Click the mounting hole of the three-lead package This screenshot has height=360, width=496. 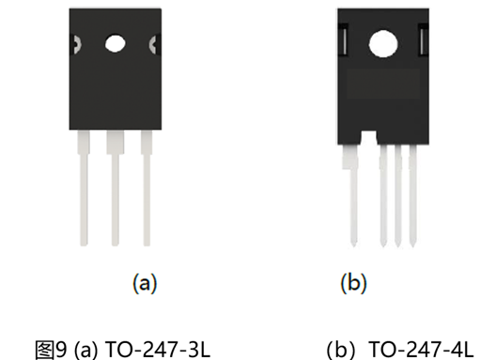click(116, 43)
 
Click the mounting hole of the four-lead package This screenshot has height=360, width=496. click(383, 43)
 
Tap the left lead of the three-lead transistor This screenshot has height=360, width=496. click(84, 188)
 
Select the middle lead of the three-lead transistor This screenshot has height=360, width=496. click(116, 188)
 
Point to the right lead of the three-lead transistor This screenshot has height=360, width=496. click(147, 188)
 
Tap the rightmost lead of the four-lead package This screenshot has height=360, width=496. click(412, 196)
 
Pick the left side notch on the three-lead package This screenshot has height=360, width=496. click(76, 44)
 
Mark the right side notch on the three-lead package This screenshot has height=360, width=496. click(153, 44)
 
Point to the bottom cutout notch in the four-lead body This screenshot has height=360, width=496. click(368, 137)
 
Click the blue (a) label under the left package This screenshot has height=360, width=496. click(145, 283)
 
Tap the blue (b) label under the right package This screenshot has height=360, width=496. click(353, 283)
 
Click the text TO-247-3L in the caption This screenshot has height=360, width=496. click(157, 350)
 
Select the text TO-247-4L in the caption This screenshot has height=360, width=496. click(422, 350)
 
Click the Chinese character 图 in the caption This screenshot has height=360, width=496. click(44, 351)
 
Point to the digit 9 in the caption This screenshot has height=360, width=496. click(61, 350)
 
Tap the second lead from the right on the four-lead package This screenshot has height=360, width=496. click(398, 196)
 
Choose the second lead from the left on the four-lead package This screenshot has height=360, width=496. click(383, 196)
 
